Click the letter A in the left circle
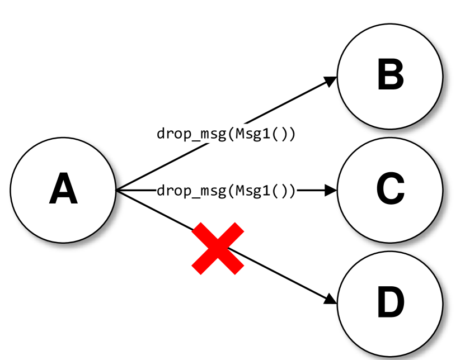tap(63, 190)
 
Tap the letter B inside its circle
tap(390, 75)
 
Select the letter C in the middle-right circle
tap(390, 189)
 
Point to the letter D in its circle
tap(390, 304)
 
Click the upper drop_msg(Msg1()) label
tap(226, 134)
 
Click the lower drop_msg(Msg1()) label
tap(226, 191)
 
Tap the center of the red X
tap(218, 248)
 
